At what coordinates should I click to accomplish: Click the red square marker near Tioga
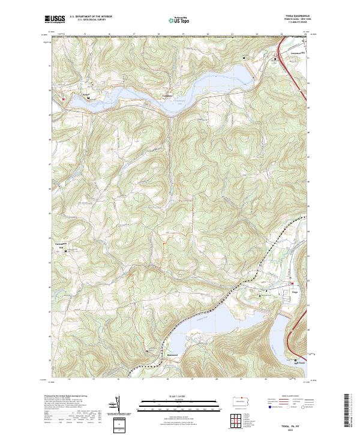[292, 284]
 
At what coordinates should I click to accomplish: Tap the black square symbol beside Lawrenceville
[276, 59]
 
